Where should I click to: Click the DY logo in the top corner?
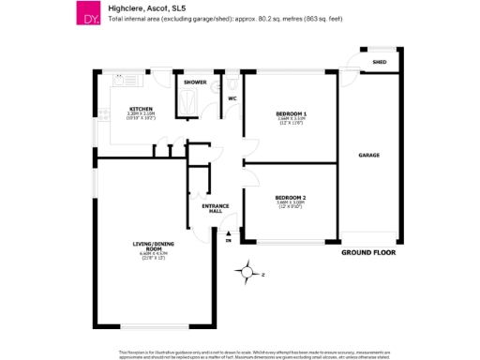pyautogui.click(x=88, y=14)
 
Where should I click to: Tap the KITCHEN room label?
pyautogui.click(x=141, y=110)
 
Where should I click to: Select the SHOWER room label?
pyautogui.click(x=195, y=82)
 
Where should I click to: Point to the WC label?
pyautogui.click(x=232, y=97)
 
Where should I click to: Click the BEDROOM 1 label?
pyautogui.click(x=292, y=113)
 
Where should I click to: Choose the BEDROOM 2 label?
pyautogui.click(x=292, y=197)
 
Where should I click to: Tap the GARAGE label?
pyautogui.click(x=368, y=155)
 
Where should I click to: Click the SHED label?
pyautogui.click(x=380, y=63)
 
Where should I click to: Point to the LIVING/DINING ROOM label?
pyautogui.click(x=152, y=246)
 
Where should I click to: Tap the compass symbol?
pyautogui.click(x=246, y=273)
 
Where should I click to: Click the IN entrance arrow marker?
pyautogui.click(x=228, y=236)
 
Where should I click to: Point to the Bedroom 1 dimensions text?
pyautogui.click(x=292, y=121)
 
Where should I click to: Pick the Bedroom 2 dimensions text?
pyautogui.click(x=292, y=204)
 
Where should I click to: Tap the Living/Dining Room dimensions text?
pyautogui.click(x=152, y=256)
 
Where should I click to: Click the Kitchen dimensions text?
pyautogui.click(x=141, y=116)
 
